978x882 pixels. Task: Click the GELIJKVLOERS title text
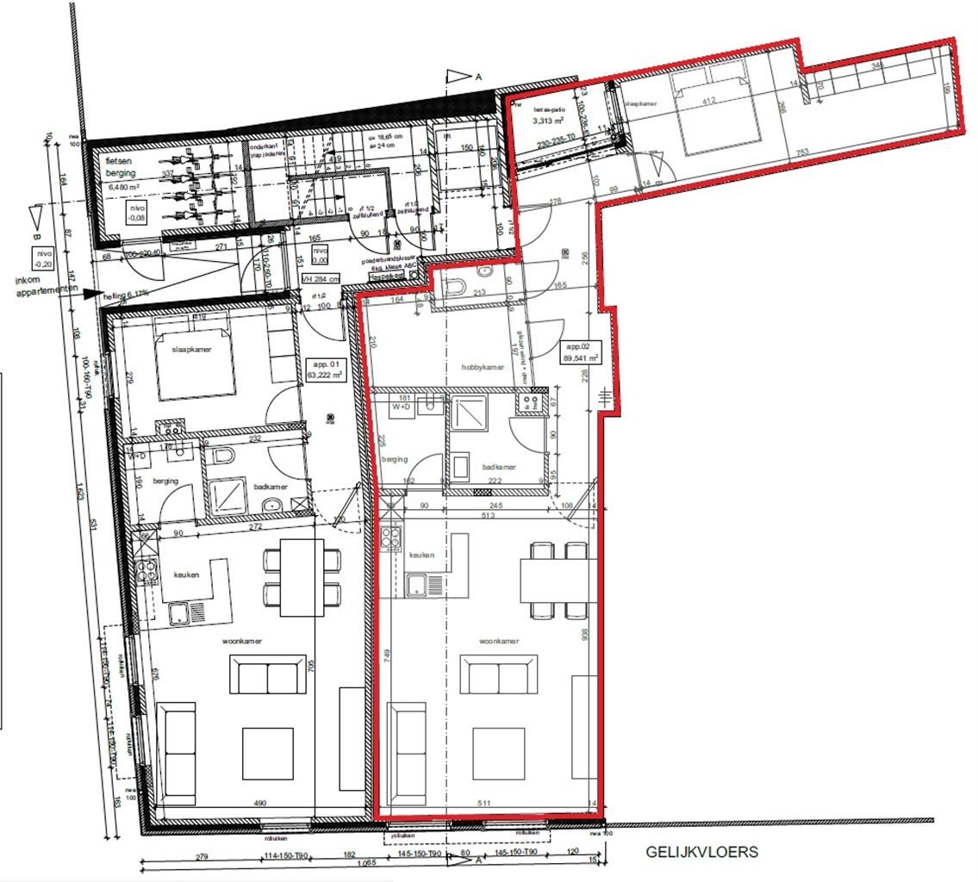(702, 852)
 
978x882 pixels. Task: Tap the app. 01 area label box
(326, 370)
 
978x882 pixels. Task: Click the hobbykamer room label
(483, 368)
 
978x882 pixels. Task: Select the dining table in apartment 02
(557, 580)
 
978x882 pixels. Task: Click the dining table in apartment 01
(302, 576)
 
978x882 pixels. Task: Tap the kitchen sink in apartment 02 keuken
(426, 586)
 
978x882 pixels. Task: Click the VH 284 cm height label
(321, 278)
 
